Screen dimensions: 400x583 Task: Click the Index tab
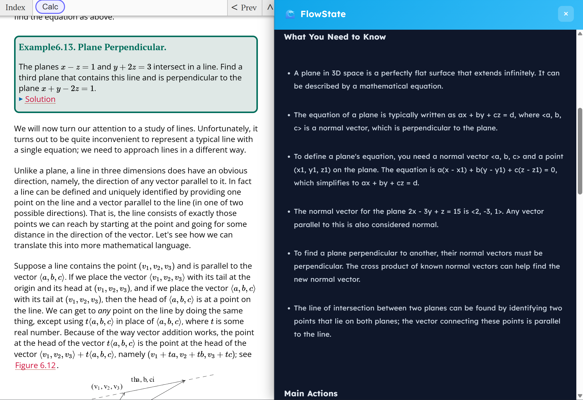[15, 7]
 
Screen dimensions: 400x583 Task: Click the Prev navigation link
[244, 7]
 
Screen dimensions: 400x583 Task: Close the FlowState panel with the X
[566, 14]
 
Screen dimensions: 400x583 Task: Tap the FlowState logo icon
[290, 14]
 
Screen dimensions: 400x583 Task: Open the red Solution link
[40, 99]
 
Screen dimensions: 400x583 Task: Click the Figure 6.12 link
[35, 365]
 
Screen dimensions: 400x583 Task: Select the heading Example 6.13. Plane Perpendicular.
[92, 47]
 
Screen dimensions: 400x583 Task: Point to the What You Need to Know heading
[335, 37]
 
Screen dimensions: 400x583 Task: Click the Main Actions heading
[311, 393]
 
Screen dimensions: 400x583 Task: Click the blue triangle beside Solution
[21, 99]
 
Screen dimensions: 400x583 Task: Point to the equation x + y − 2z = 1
[68, 89]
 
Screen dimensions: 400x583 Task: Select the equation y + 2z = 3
[132, 67]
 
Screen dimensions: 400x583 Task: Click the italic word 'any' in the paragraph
[104, 311]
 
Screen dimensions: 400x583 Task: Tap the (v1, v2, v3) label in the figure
[107, 387]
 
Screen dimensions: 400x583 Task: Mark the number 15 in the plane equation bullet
[457, 212]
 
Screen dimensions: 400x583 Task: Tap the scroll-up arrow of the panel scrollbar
[580, 34]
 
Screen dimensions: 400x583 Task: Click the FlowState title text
[323, 14]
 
